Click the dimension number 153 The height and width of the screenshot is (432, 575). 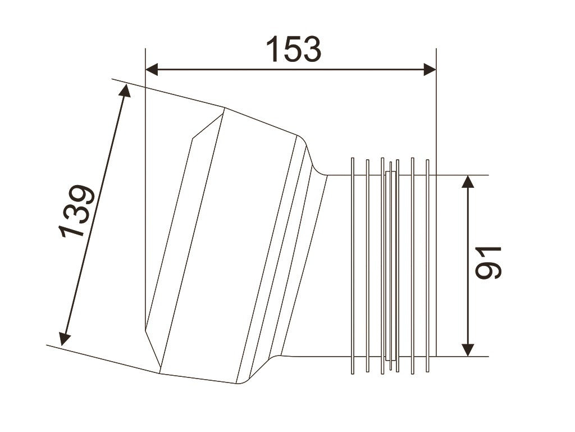click(293, 49)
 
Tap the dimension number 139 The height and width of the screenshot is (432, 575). click(76, 211)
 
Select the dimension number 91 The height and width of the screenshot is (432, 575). click(488, 263)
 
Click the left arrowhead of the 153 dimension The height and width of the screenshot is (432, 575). click(152, 69)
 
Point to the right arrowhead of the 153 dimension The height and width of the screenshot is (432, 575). click(430, 69)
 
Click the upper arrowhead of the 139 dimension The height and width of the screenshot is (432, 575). click(126, 91)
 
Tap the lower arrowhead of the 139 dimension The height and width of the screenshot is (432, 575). click(64, 339)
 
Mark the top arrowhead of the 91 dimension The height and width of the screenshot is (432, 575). click(468, 182)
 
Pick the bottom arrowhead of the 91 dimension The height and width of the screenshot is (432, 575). click(468, 350)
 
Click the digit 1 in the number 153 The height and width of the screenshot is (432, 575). click(273, 49)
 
